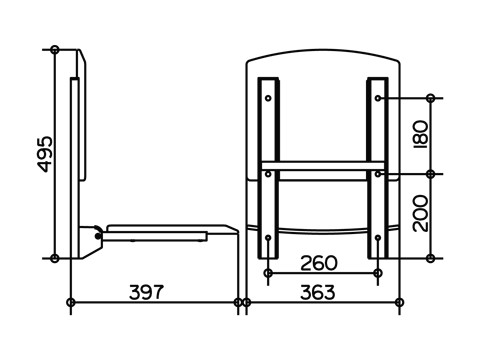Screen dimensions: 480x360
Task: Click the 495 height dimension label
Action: pyautogui.click(x=44, y=154)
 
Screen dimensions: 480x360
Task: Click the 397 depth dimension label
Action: pyautogui.click(x=146, y=292)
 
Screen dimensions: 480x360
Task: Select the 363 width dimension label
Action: pyautogui.click(x=318, y=292)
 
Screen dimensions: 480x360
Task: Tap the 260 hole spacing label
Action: pyautogui.click(x=319, y=263)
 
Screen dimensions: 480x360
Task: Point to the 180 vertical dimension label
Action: pyautogui.click(x=420, y=134)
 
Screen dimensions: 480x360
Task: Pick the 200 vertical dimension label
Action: pyautogui.click(x=420, y=213)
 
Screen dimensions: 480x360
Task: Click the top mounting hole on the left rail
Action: pyautogui.click(x=268, y=98)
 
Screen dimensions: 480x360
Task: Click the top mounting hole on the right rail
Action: pyautogui.click(x=378, y=98)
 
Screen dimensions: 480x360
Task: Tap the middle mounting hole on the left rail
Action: pyautogui.click(x=268, y=174)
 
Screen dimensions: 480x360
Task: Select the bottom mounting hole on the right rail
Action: pyautogui.click(x=378, y=238)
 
